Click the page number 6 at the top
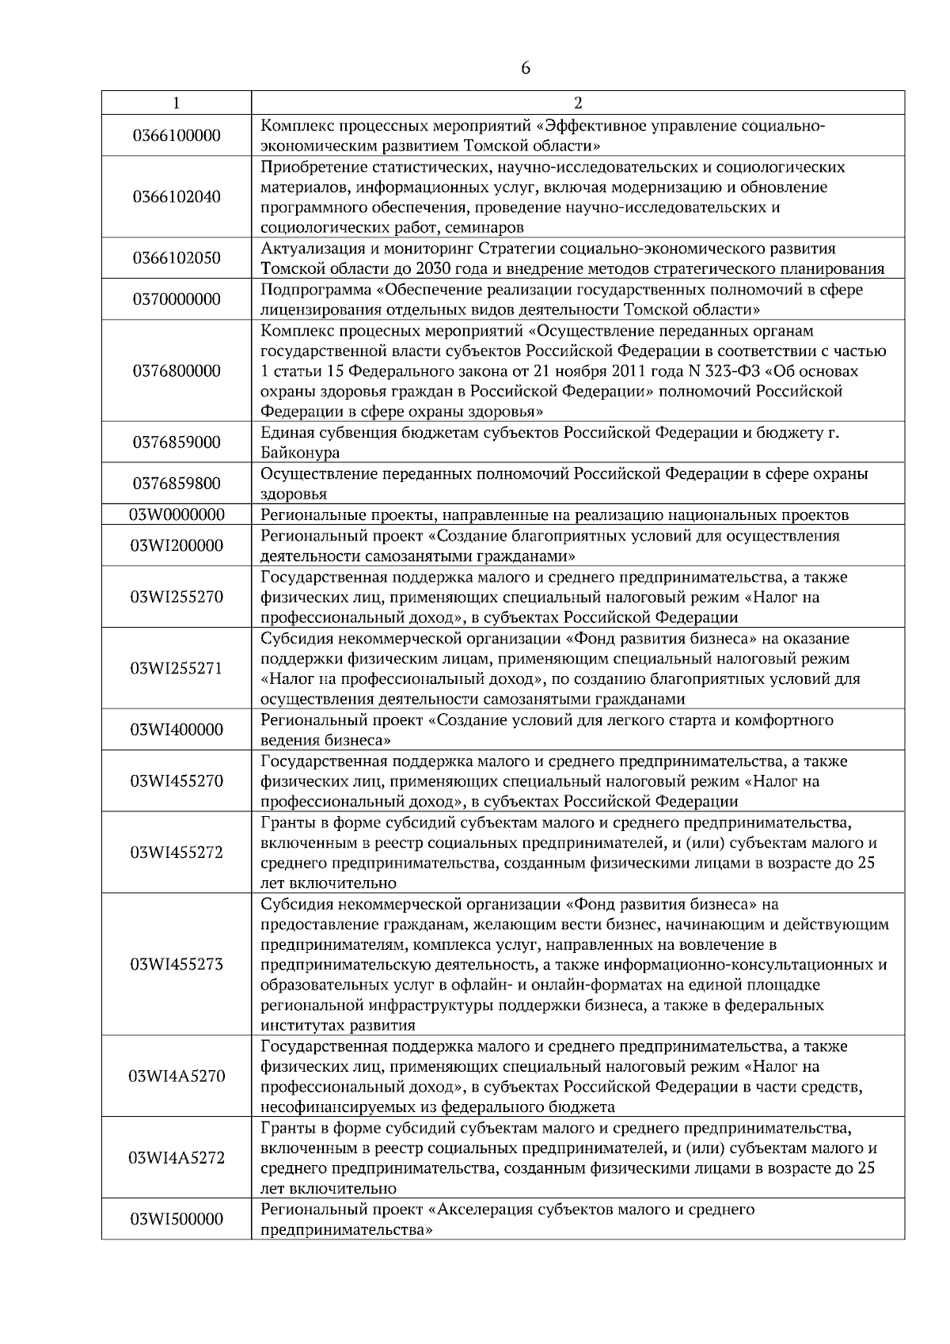(526, 68)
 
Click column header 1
(176, 103)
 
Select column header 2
(578, 103)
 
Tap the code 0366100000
(177, 135)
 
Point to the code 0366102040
(177, 197)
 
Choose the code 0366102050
(177, 258)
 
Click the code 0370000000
(177, 299)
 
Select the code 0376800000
(177, 370)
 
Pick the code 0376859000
(177, 442)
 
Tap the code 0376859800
(177, 484)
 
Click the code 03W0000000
(177, 515)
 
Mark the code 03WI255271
(177, 669)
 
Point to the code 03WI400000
(177, 730)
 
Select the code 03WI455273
(177, 965)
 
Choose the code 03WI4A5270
(177, 1076)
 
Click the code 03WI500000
(177, 1220)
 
